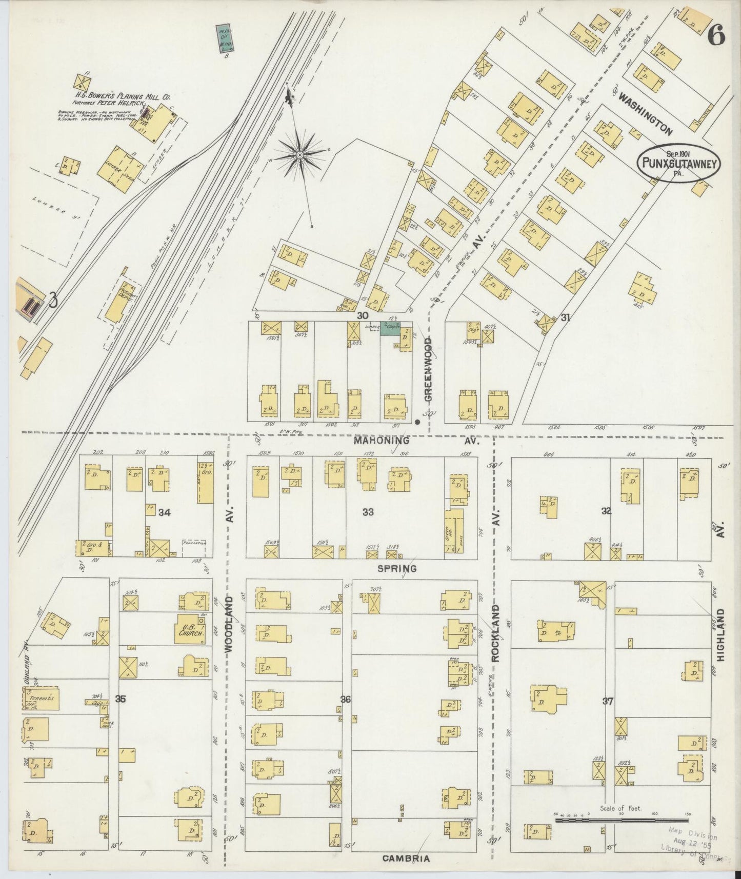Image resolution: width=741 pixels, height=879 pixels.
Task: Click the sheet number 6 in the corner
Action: click(716, 36)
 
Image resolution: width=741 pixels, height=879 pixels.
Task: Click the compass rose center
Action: click(299, 154)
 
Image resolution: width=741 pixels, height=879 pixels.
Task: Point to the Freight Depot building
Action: click(118, 301)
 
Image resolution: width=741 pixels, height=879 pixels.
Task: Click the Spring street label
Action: click(396, 568)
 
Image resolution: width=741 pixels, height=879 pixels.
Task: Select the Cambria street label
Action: click(406, 858)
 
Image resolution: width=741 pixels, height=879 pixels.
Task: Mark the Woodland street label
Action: click(229, 624)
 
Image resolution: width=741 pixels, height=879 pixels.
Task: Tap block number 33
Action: click(367, 511)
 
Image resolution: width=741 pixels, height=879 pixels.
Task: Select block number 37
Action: click(608, 702)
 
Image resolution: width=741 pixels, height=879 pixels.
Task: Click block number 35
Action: click(121, 698)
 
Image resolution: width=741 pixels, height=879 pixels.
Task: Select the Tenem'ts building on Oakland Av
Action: click(41, 698)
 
